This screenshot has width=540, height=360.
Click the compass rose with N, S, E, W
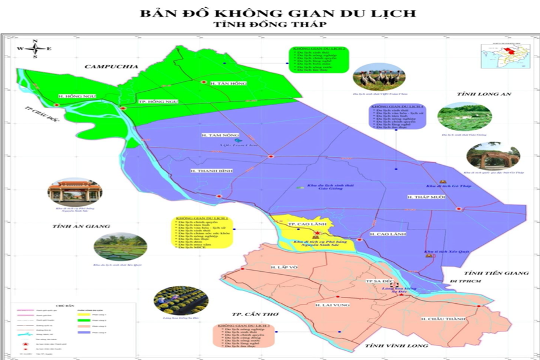pyautogui.click(x=34, y=49)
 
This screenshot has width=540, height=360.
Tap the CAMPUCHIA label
pyautogui.click(x=111, y=67)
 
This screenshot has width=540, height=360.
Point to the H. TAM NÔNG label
pyautogui.click(x=216, y=135)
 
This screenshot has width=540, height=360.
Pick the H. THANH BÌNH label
pyautogui.click(x=212, y=171)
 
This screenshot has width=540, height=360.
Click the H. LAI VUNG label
pyautogui.click(x=331, y=304)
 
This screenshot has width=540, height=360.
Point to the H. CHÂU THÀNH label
pyautogui.click(x=444, y=319)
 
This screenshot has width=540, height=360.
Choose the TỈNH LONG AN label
pyautogui.click(x=484, y=94)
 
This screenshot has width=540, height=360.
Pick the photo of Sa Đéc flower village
pyautogui.click(x=172, y=299)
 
